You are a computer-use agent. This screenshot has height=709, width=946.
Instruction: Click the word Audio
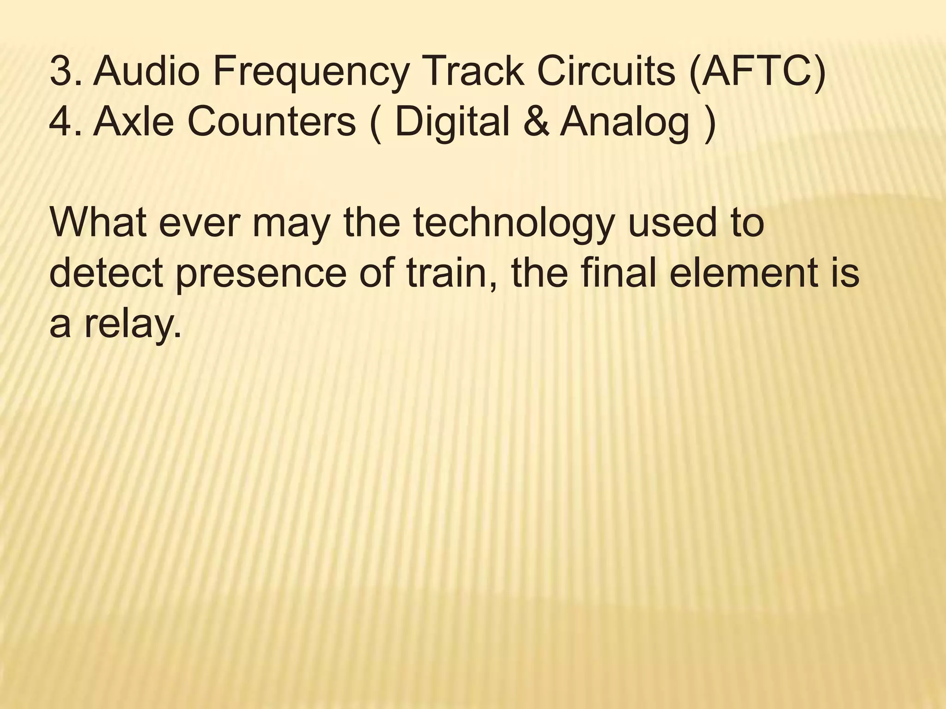(x=146, y=72)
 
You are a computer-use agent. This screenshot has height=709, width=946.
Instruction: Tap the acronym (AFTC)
(x=757, y=72)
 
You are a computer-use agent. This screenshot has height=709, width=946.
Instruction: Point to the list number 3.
(x=65, y=72)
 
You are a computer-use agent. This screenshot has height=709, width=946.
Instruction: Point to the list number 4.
(x=65, y=122)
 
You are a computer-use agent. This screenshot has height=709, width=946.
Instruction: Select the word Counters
(x=272, y=122)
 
